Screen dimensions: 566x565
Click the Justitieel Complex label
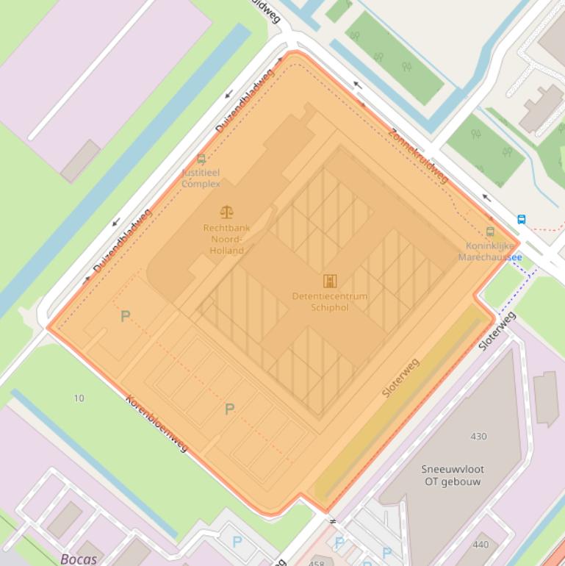coord(201,178)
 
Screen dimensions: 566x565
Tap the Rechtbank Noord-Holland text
coord(226,239)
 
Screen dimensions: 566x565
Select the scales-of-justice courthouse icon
coord(226,212)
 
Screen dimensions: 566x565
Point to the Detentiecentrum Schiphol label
coord(329,301)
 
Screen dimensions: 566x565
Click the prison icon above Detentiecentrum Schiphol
coord(329,281)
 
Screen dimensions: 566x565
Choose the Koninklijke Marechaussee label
coord(490,251)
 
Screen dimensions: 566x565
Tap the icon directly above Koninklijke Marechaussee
coord(491,232)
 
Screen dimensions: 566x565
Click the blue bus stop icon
coord(522,219)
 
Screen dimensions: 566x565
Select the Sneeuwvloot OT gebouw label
coord(453,476)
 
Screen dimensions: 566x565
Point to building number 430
coord(478,436)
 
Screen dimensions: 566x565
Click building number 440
coord(481,545)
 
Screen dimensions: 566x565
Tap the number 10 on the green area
coord(79,398)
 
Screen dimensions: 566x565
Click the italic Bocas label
coord(79,559)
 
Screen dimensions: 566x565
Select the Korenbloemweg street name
coord(157,423)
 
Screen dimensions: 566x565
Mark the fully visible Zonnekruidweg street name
coord(418,156)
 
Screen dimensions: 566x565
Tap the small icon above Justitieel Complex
coord(201,160)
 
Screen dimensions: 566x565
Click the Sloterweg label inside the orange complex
coord(400,378)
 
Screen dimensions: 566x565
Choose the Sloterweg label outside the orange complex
coord(497,331)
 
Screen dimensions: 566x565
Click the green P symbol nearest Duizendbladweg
coord(126,316)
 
